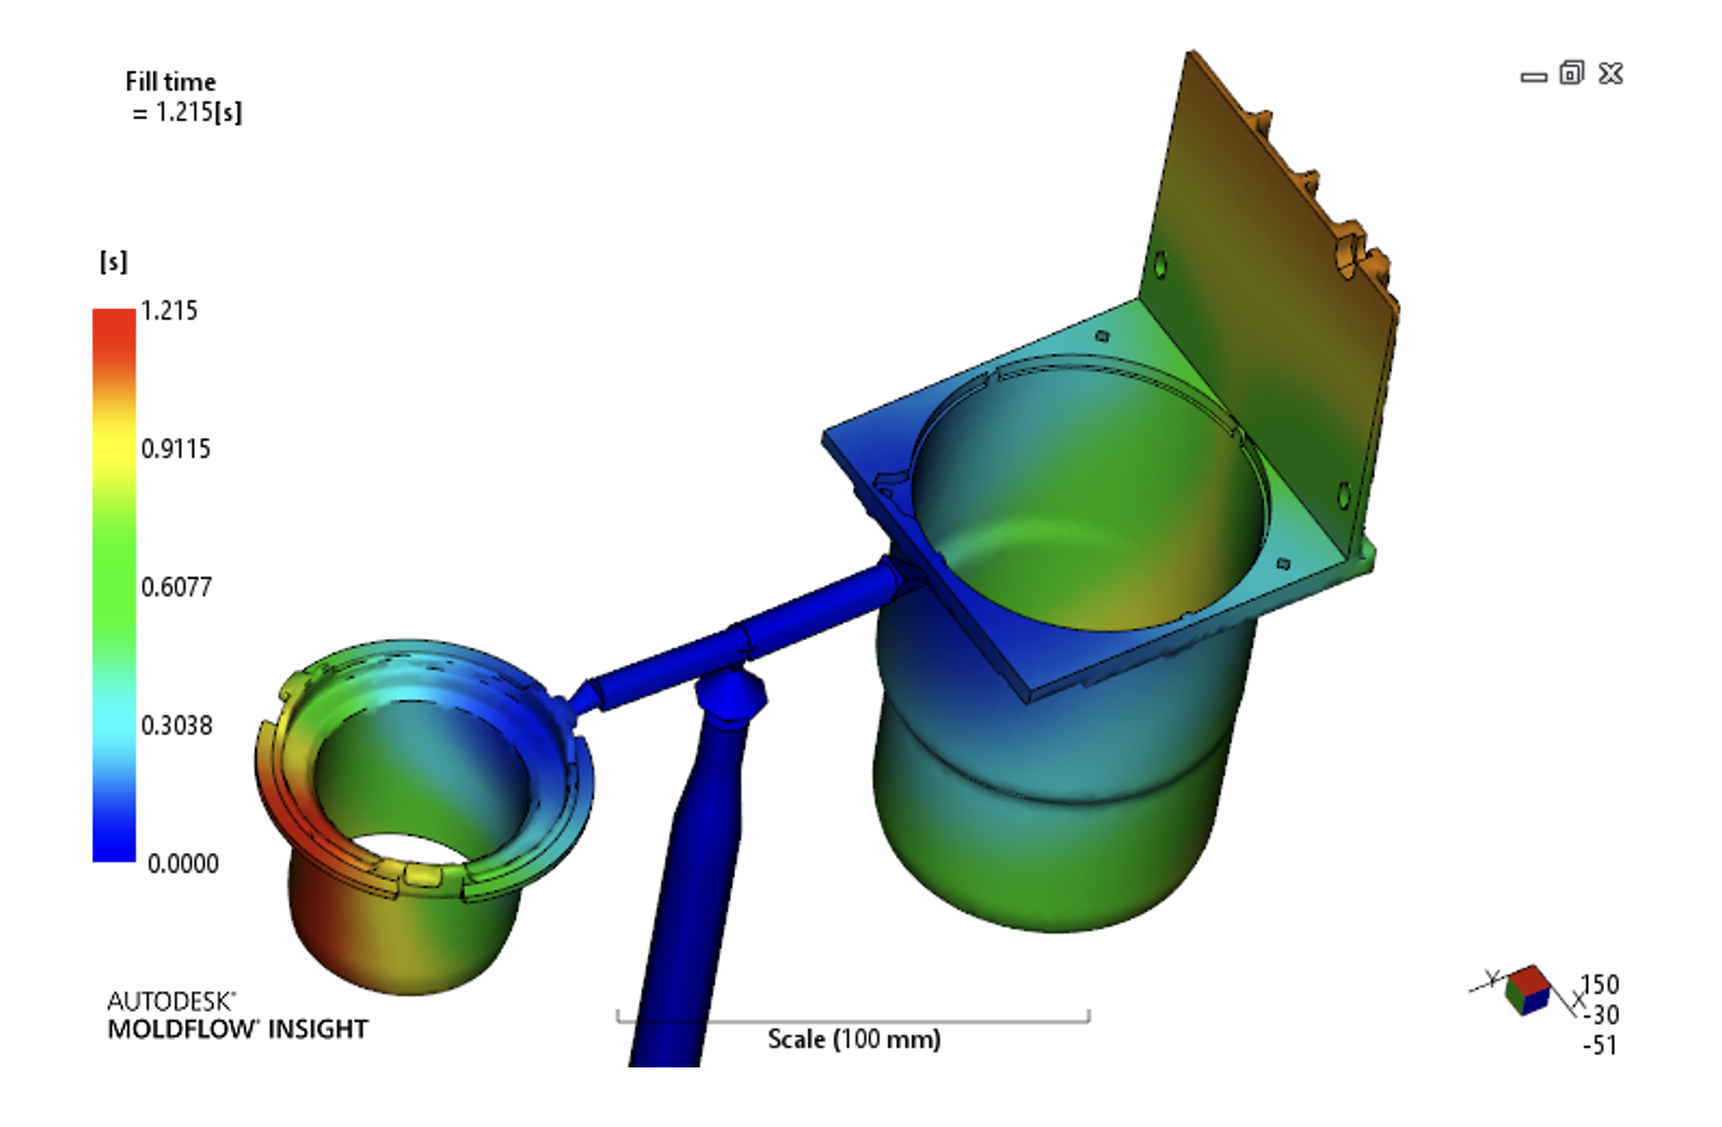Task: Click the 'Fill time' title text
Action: click(x=171, y=82)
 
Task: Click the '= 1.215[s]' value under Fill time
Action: click(x=187, y=113)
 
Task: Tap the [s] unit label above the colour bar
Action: click(x=113, y=262)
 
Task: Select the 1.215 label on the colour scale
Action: click(x=169, y=311)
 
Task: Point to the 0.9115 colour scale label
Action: click(x=176, y=449)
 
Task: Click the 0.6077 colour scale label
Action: click(x=177, y=586)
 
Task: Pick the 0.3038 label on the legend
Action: click(x=177, y=726)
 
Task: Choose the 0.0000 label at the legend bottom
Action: click(x=183, y=864)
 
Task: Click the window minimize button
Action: click(x=1534, y=77)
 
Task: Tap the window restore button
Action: click(x=1571, y=73)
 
